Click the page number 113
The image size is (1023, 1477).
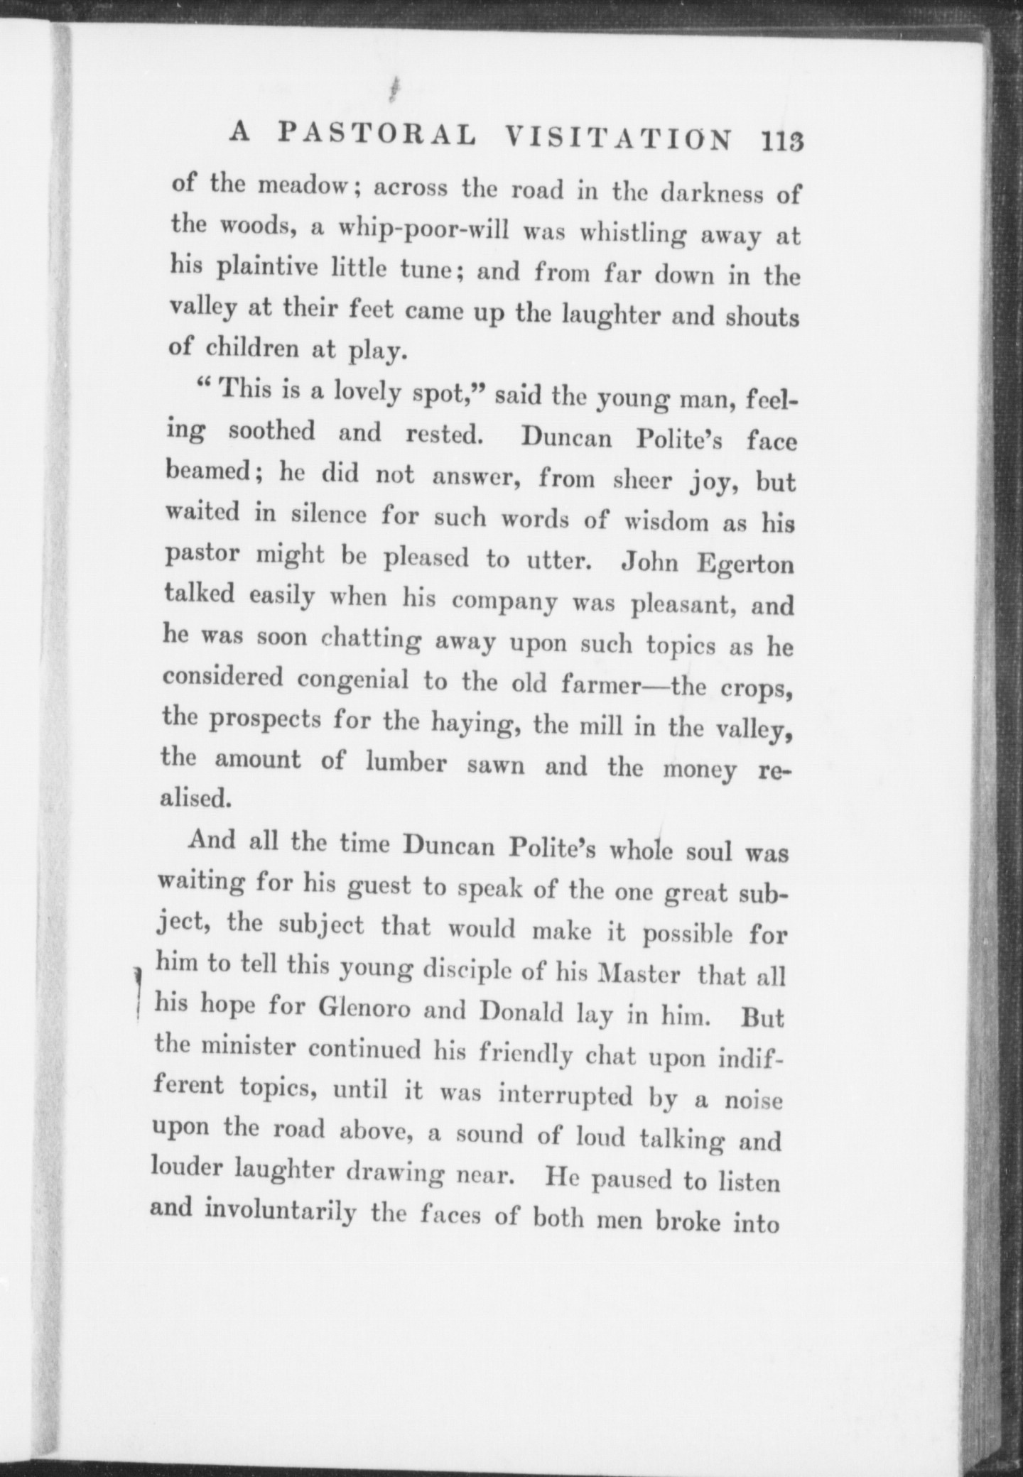(x=781, y=140)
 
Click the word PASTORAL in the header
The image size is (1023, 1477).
(x=377, y=135)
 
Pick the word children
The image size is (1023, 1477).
(x=251, y=349)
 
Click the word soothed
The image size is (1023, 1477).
(x=272, y=431)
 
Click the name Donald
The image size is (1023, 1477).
(x=523, y=1012)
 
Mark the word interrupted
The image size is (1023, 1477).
(x=565, y=1095)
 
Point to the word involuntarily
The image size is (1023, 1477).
(x=280, y=1209)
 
